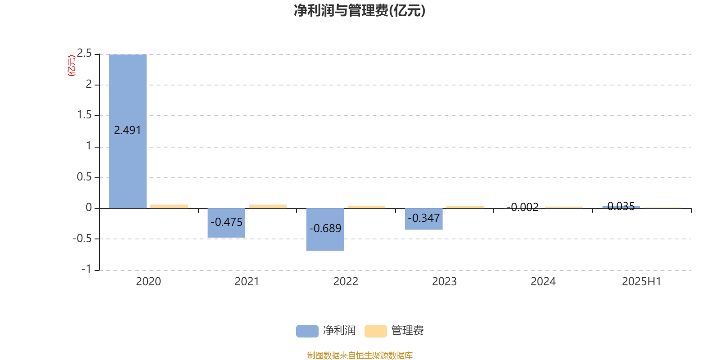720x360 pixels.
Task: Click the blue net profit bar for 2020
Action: [128, 131]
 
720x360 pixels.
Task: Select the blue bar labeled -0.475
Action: [226, 223]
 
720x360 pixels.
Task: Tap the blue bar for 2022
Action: [325, 229]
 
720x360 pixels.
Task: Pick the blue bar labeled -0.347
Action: [423, 219]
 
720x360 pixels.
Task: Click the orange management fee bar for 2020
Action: [169, 207]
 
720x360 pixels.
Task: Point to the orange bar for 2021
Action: [268, 207]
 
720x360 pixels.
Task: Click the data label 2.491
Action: [127, 130]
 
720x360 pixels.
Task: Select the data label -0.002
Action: [522, 207]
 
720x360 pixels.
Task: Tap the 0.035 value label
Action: [621, 207]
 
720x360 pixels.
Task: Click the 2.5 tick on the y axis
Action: [84, 53]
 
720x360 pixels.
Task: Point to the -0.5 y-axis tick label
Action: [82, 238]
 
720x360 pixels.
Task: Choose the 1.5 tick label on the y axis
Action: [84, 115]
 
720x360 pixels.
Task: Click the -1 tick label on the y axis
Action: [86, 269]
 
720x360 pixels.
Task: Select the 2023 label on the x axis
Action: [444, 282]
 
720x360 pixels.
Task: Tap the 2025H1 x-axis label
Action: [642, 282]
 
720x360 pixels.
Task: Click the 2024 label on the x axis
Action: [543, 282]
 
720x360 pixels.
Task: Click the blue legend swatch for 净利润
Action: [307, 331]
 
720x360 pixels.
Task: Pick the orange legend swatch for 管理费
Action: [375, 331]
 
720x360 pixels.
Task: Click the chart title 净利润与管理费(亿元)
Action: [360, 11]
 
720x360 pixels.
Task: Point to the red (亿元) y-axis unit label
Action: [72, 66]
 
